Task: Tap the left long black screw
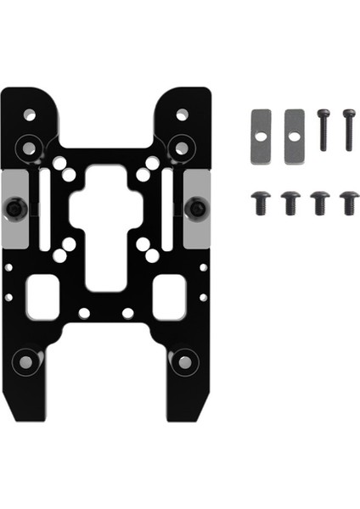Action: [323, 129]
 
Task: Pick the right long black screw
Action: [348, 129]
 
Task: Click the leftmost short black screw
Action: [260, 202]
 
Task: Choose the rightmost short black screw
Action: [349, 202]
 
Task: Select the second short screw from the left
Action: [290, 202]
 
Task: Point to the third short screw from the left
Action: [320, 202]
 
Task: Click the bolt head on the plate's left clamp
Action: [15, 207]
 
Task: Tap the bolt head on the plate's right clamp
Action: [197, 207]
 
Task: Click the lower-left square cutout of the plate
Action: [42, 299]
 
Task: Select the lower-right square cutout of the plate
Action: [169, 299]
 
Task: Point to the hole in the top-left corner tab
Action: [30, 114]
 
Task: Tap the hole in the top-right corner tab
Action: [182, 114]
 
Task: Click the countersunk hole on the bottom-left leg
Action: [26, 361]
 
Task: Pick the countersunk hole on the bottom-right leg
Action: [184, 361]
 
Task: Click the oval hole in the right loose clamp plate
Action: [294, 136]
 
